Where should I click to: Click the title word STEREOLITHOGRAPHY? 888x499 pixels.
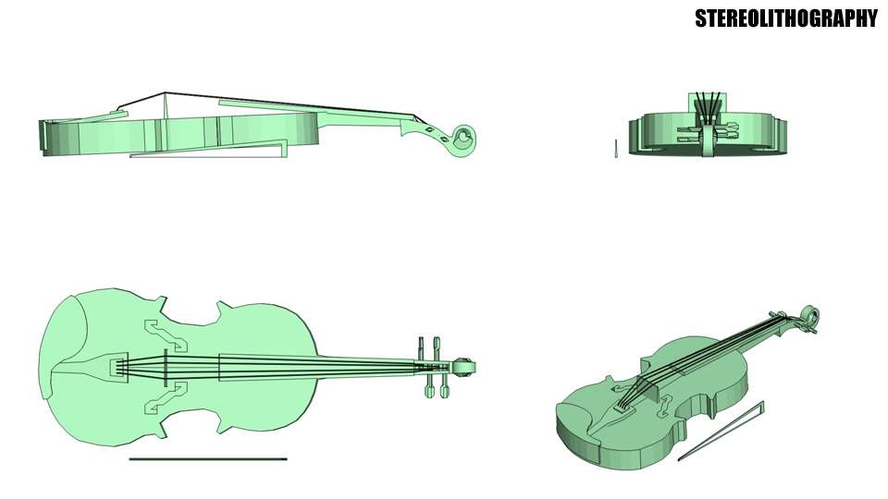785,18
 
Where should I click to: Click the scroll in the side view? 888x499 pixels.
462,137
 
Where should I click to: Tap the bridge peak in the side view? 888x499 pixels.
165,93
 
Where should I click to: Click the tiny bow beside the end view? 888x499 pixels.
615,149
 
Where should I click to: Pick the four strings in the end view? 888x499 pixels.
709,103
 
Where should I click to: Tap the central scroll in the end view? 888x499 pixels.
708,139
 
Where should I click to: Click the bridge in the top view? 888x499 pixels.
165,367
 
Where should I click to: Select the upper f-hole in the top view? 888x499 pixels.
164,335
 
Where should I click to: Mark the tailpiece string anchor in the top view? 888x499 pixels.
117,367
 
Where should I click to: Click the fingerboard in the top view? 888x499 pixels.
314,367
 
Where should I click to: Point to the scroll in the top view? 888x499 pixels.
465,366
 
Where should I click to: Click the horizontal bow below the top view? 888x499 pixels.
208,458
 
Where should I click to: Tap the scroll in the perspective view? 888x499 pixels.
810,316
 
